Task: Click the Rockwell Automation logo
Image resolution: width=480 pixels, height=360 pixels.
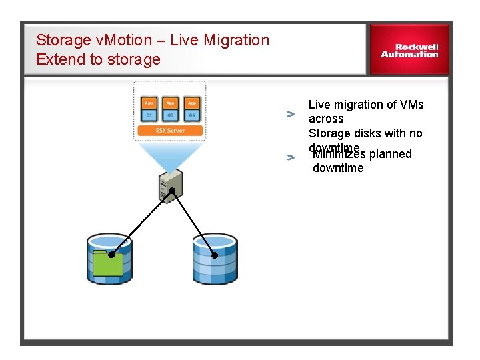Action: (409, 51)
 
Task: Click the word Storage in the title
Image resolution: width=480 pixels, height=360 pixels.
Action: (63, 40)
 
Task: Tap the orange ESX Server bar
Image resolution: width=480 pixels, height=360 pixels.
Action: (170, 131)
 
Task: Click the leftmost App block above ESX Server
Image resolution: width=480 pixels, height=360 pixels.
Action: (149, 103)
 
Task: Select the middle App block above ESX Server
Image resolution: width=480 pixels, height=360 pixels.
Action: (170, 103)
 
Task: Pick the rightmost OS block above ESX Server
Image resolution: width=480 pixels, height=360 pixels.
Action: (191, 115)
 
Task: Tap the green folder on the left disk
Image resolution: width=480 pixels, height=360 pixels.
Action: (108, 263)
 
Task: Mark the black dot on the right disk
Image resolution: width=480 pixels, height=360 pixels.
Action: (215, 255)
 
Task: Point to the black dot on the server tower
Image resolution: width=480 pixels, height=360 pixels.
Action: (172, 191)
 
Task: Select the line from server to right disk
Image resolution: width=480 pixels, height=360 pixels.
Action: (193, 223)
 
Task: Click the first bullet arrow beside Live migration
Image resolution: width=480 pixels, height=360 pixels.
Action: (291, 114)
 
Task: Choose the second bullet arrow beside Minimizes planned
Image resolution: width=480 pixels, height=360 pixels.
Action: (291, 157)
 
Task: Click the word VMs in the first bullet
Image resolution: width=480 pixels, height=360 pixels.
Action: (411, 105)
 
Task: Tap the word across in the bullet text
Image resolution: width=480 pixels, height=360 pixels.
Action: (326, 119)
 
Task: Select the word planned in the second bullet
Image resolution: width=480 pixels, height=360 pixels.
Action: (390, 154)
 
